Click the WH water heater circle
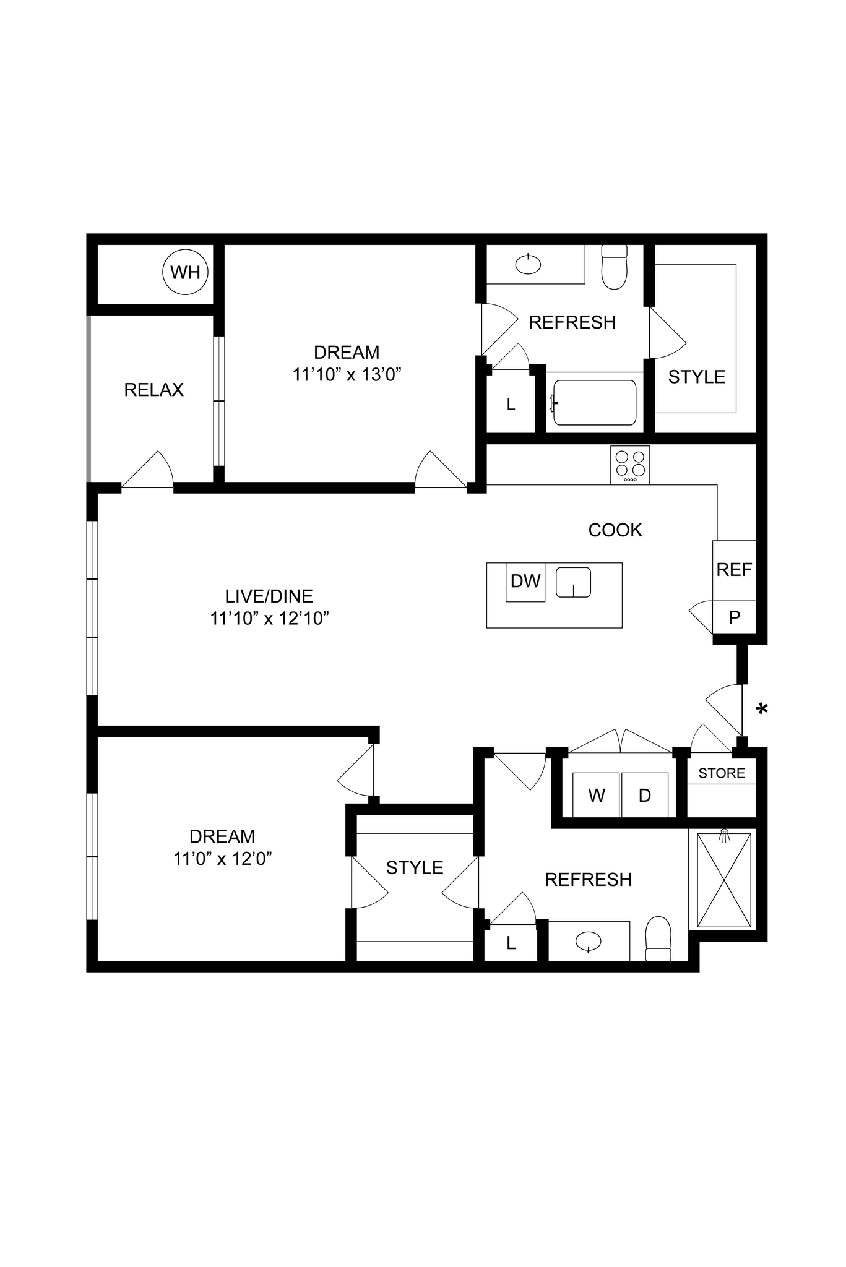(x=185, y=272)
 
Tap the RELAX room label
(x=154, y=390)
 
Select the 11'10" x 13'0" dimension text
(x=347, y=375)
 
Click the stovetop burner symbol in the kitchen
(x=630, y=465)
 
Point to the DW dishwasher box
(x=525, y=582)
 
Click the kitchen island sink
(x=573, y=583)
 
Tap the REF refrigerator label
(x=734, y=570)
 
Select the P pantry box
(x=735, y=617)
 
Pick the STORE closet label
(x=722, y=773)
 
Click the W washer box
(x=597, y=796)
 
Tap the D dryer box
(x=645, y=796)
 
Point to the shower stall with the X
(x=723, y=880)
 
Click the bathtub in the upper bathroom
(x=595, y=403)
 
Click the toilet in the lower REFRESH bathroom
(x=658, y=939)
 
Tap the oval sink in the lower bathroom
(x=588, y=942)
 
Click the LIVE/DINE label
(x=269, y=596)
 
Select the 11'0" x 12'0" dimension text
(x=223, y=859)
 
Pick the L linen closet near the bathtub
(x=511, y=405)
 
